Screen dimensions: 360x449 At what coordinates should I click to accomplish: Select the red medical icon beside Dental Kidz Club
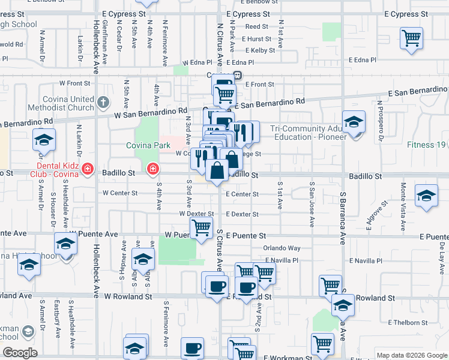tap(88, 170)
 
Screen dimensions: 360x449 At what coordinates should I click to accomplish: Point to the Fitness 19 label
tap(426, 145)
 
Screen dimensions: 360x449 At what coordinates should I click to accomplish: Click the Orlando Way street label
tap(282, 248)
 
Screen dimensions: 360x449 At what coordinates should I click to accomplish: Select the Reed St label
tap(256, 26)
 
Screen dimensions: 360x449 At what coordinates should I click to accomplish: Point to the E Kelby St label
tap(259, 50)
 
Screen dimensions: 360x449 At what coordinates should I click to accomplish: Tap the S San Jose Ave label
tap(312, 205)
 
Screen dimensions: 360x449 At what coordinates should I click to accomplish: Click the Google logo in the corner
tap(20, 353)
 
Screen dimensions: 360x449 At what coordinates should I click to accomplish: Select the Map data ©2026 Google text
tap(412, 355)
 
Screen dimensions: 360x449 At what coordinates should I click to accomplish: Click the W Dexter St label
tap(196, 214)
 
